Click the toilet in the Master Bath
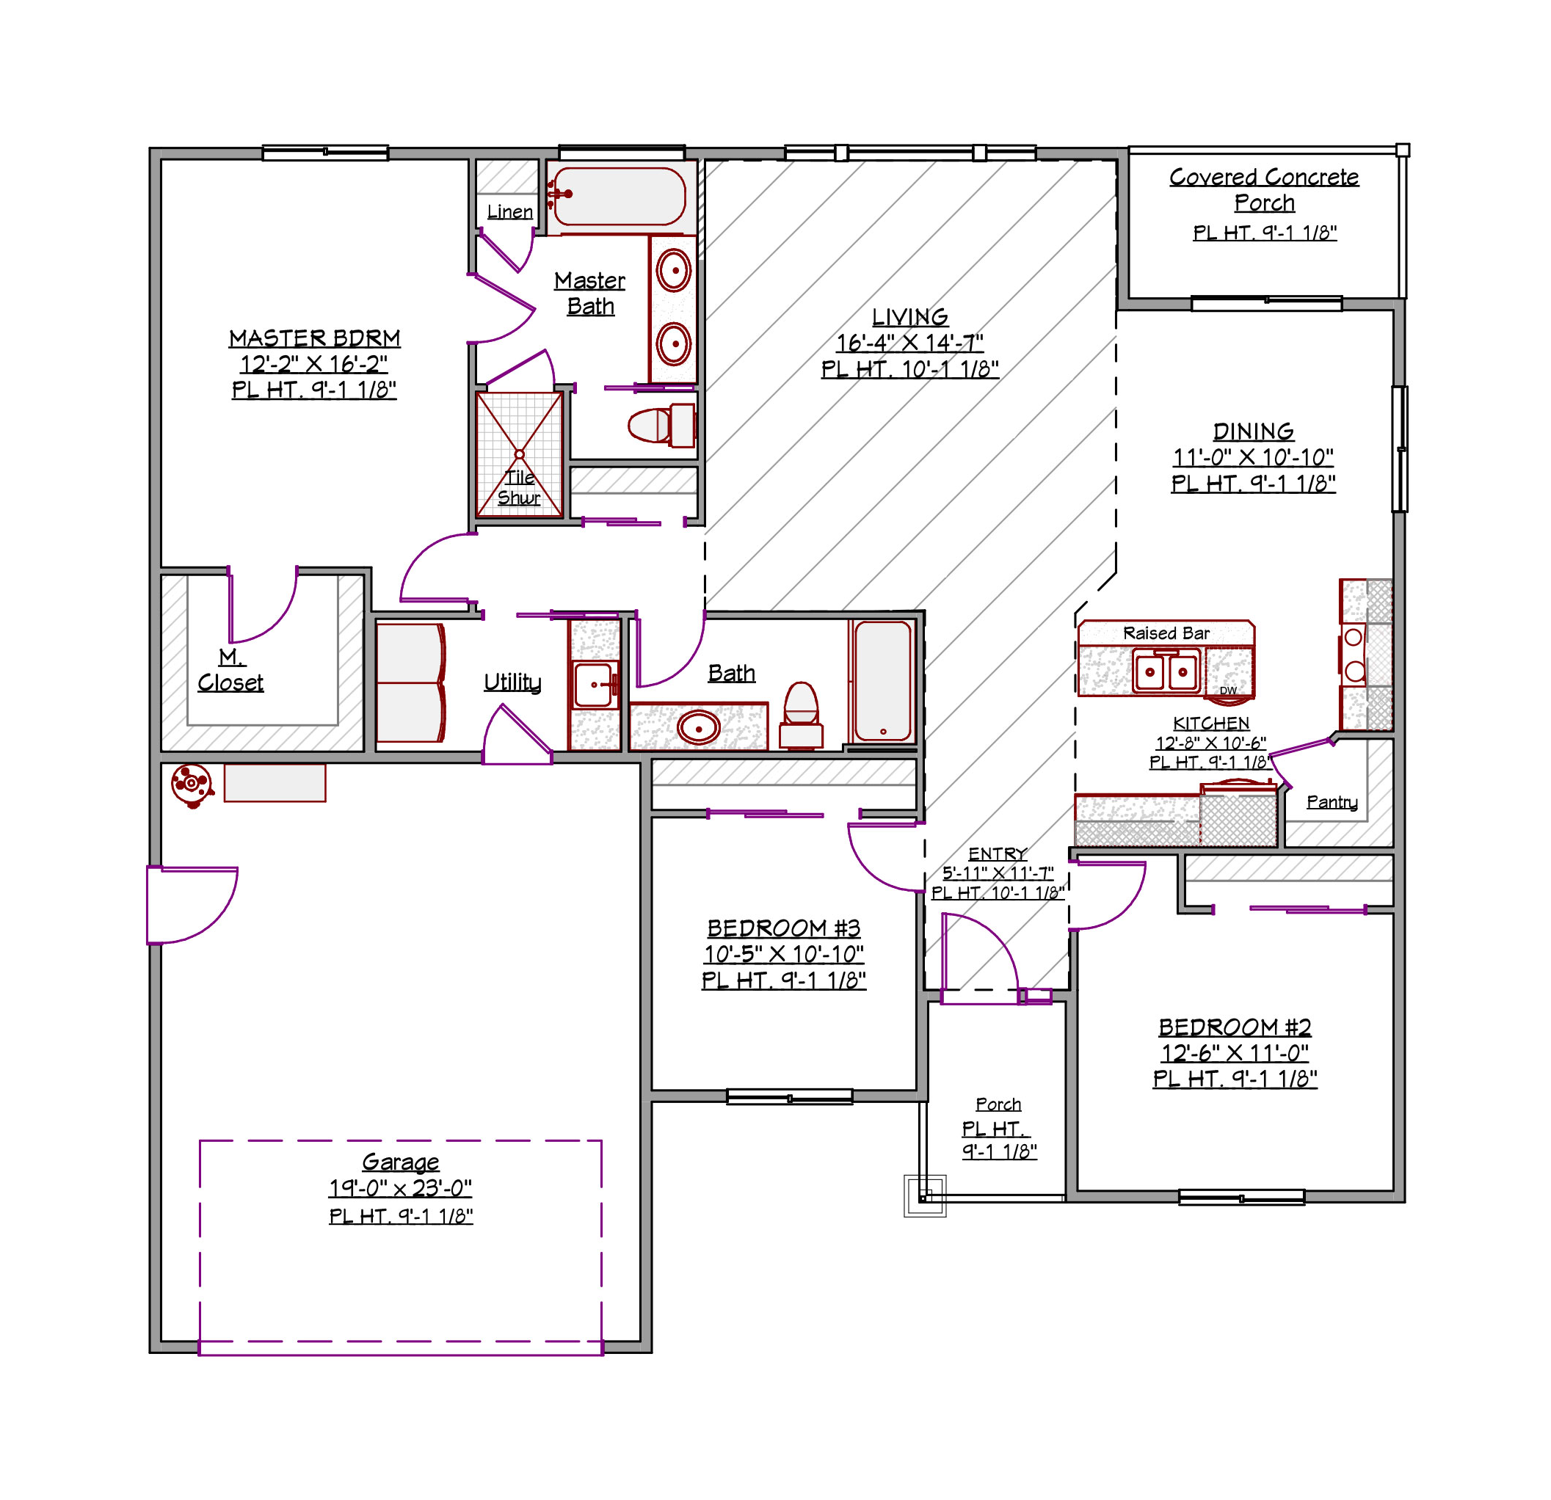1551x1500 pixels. click(x=661, y=426)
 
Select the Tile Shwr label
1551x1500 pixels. click(x=519, y=487)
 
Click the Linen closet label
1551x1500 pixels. click(x=509, y=212)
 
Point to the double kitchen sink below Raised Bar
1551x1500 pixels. click(x=1166, y=672)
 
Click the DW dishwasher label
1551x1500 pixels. click(x=1228, y=691)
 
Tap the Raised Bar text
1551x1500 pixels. click(x=1166, y=633)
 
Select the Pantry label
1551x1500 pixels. click(x=1332, y=802)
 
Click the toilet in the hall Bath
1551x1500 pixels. click(x=801, y=716)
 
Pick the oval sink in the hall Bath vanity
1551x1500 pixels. click(x=699, y=727)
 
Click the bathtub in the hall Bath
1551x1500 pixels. click(x=883, y=682)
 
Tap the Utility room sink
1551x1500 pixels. click(x=595, y=685)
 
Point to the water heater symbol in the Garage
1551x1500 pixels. click(x=192, y=784)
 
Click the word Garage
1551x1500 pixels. click(x=400, y=1162)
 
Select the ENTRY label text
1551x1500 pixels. click(x=998, y=853)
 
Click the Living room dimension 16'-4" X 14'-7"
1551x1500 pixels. click(x=910, y=343)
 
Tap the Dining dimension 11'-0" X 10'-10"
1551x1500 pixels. click(x=1254, y=457)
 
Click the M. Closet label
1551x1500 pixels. click(x=230, y=670)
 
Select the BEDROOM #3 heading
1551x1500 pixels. click(x=783, y=928)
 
